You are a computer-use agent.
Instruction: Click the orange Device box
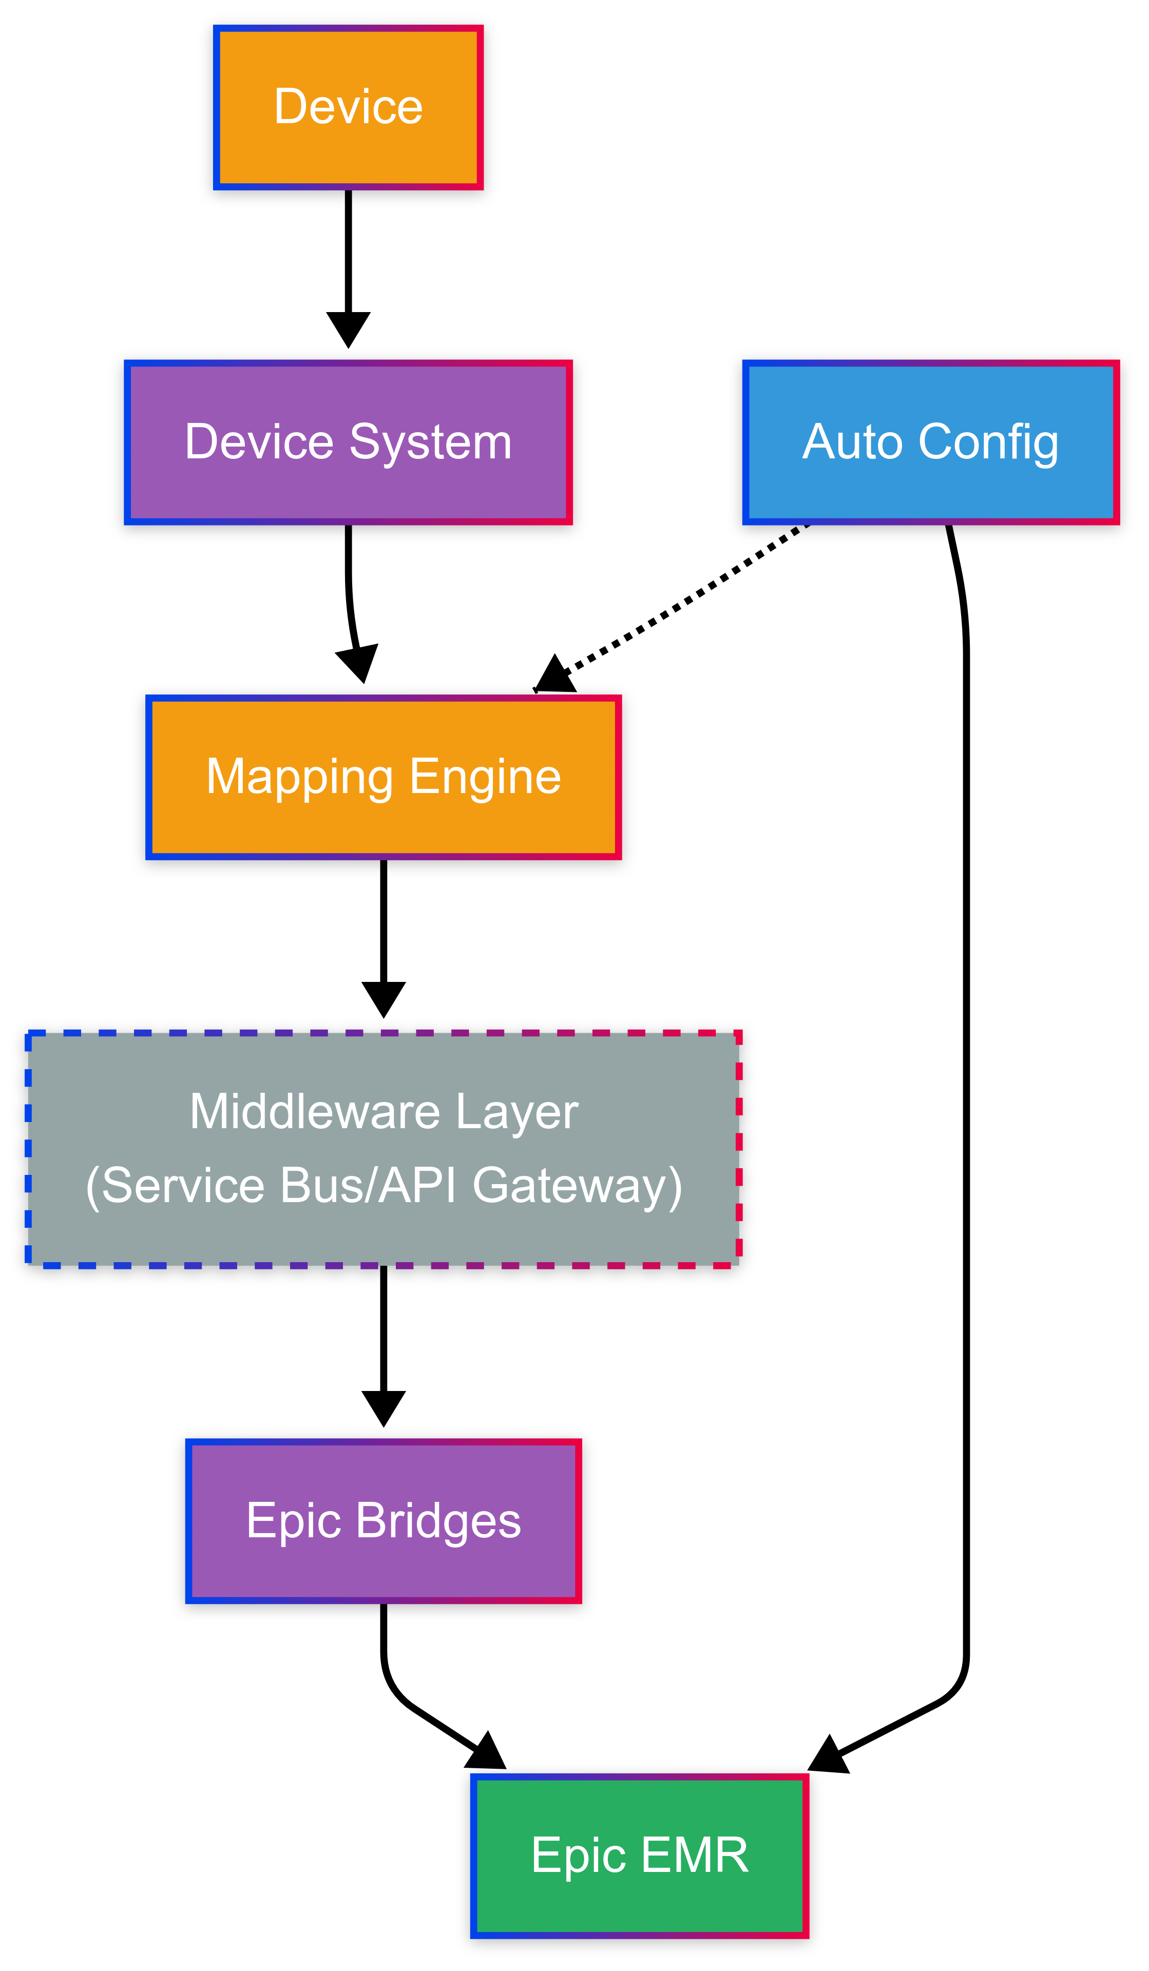click(x=348, y=107)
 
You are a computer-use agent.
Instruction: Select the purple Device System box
click(x=348, y=442)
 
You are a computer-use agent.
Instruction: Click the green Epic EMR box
click(x=639, y=1855)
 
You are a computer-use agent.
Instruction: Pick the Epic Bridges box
click(x=384, y=1520)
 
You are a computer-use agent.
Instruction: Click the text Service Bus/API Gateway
click(x=384, y=1185)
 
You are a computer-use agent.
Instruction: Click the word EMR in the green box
click(x=695, y=1855)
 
